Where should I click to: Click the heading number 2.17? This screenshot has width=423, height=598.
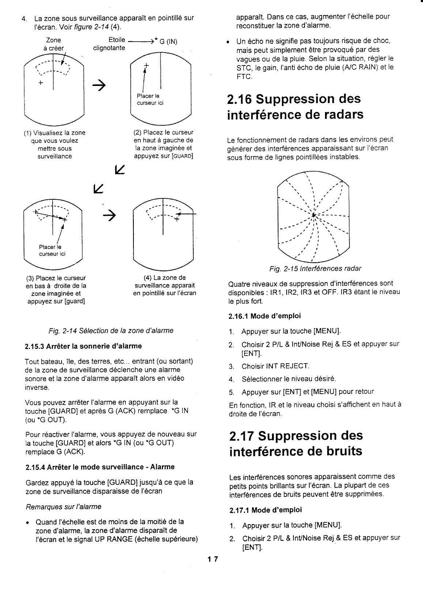[x=242, y=436]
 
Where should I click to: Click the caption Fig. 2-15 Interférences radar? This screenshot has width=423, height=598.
[x=315, y=269]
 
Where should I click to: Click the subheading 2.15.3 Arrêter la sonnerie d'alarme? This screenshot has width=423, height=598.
[x=83, y=346]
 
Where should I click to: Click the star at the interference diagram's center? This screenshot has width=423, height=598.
[x=313, y=215]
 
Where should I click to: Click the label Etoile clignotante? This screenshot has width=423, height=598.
[x=110, y=44]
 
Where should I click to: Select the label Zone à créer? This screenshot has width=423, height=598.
[x=54, y=44]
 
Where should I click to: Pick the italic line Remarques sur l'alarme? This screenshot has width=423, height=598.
[x=63, y=507]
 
